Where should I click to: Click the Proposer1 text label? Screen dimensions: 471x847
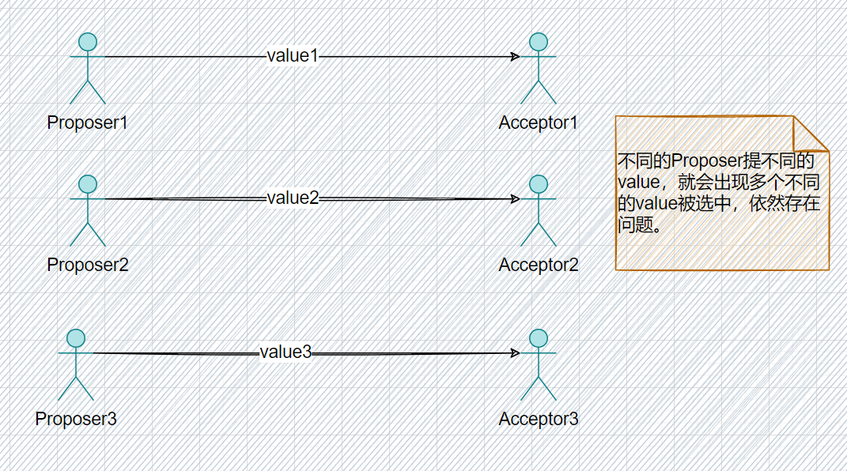coord(87,123)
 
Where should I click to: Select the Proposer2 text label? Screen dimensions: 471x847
coord(87,265)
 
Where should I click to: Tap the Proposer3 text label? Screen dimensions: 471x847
coord(76,419)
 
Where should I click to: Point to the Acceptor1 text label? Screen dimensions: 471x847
coord(538,123)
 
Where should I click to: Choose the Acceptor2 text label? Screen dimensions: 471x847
coord(538,265)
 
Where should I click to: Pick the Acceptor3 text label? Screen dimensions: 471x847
coord(538,419)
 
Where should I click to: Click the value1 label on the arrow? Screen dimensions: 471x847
coord(292,56)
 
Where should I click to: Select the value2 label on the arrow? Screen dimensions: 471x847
coord(293,198)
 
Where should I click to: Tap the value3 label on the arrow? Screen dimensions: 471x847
coord(285,352)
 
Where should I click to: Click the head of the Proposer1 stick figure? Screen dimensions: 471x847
coord(88,42)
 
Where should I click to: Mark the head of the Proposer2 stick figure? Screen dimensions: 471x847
coord(88,184)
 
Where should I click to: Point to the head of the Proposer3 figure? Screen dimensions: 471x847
coord(76,338)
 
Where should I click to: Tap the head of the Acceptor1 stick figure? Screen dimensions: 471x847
coord(539,42)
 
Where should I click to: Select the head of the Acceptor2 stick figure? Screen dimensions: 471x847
coord(539,184)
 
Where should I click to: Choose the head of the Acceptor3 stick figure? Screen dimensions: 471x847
coord(539,338)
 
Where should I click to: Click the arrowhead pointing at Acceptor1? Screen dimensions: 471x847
coord(516,57)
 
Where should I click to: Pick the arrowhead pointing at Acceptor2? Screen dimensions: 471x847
coord(516,198)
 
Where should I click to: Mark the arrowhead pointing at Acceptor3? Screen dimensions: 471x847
coord(516,353)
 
